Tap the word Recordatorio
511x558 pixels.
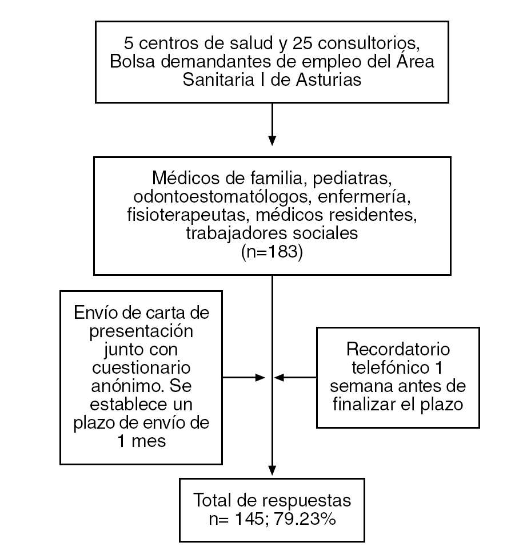point(398,349)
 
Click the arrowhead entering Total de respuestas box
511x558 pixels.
point(272,471)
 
